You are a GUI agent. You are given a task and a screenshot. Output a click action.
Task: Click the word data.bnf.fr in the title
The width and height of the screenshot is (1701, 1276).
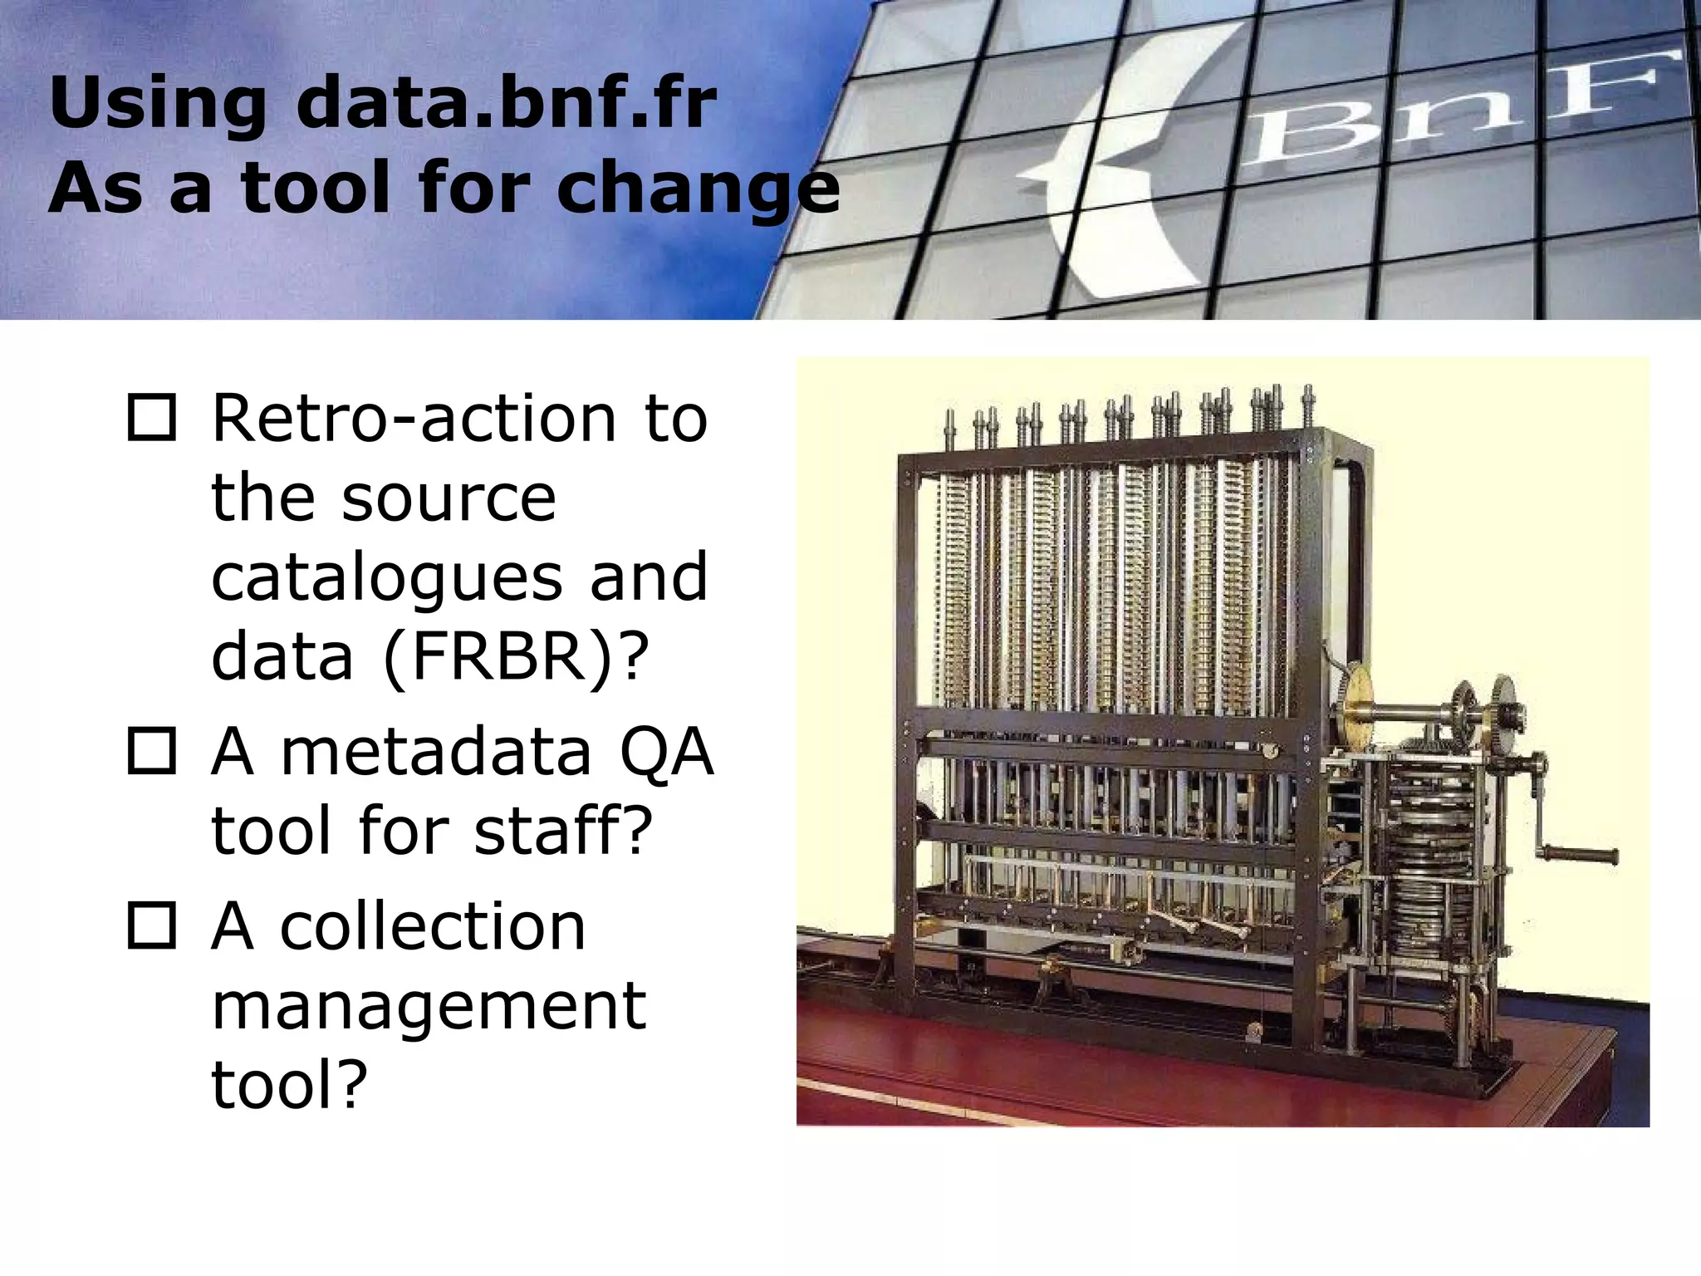click(x=506, y=103)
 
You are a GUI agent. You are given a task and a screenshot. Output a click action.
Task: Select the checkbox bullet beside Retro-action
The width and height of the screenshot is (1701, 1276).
click(x=152, y=419)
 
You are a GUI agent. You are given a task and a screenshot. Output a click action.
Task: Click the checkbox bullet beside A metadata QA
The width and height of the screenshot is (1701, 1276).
click(x=152, y=752)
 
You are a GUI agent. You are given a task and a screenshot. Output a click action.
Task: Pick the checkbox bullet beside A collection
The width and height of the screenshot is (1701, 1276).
click(x=152, y=925)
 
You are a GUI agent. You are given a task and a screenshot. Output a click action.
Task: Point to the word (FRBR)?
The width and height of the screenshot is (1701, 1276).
click(x=515, y=656)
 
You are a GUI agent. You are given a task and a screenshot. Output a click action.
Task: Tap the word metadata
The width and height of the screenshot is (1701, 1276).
click(x=436, y=752)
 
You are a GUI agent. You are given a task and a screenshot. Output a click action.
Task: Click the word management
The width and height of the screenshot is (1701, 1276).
click(x=429, y=1005)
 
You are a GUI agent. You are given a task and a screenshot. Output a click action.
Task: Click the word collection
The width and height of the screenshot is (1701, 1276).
click(x=433, y=925)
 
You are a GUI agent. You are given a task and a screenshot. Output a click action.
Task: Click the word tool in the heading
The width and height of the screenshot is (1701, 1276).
click(x=315, y=188)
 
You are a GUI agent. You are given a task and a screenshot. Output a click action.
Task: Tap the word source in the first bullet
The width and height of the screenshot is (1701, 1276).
click(x=449, y=498)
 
